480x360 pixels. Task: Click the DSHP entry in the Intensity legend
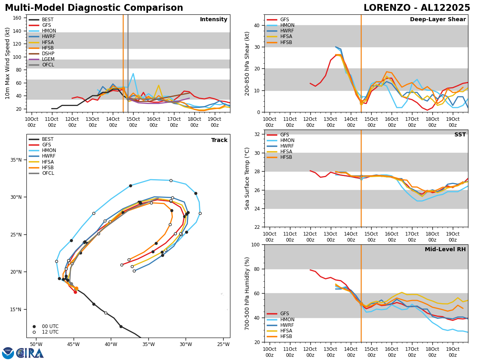pos(48,54)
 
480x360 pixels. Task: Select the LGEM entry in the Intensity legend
pos(48,59)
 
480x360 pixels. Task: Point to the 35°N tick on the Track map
pos(16,160)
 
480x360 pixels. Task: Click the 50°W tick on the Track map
pos(36,344)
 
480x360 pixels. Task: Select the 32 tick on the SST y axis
pos(258,134)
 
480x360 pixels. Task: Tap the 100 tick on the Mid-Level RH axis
pos(256,245)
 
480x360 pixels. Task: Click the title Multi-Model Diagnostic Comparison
pos(94,8)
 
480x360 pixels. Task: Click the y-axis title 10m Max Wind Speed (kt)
pos(8,63)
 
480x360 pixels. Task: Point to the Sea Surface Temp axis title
pos(247,178)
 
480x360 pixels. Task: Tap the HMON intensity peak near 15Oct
pos(133,74)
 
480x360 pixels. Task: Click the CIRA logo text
pos(30,353)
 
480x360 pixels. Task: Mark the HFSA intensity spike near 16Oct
pos(158,85)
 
